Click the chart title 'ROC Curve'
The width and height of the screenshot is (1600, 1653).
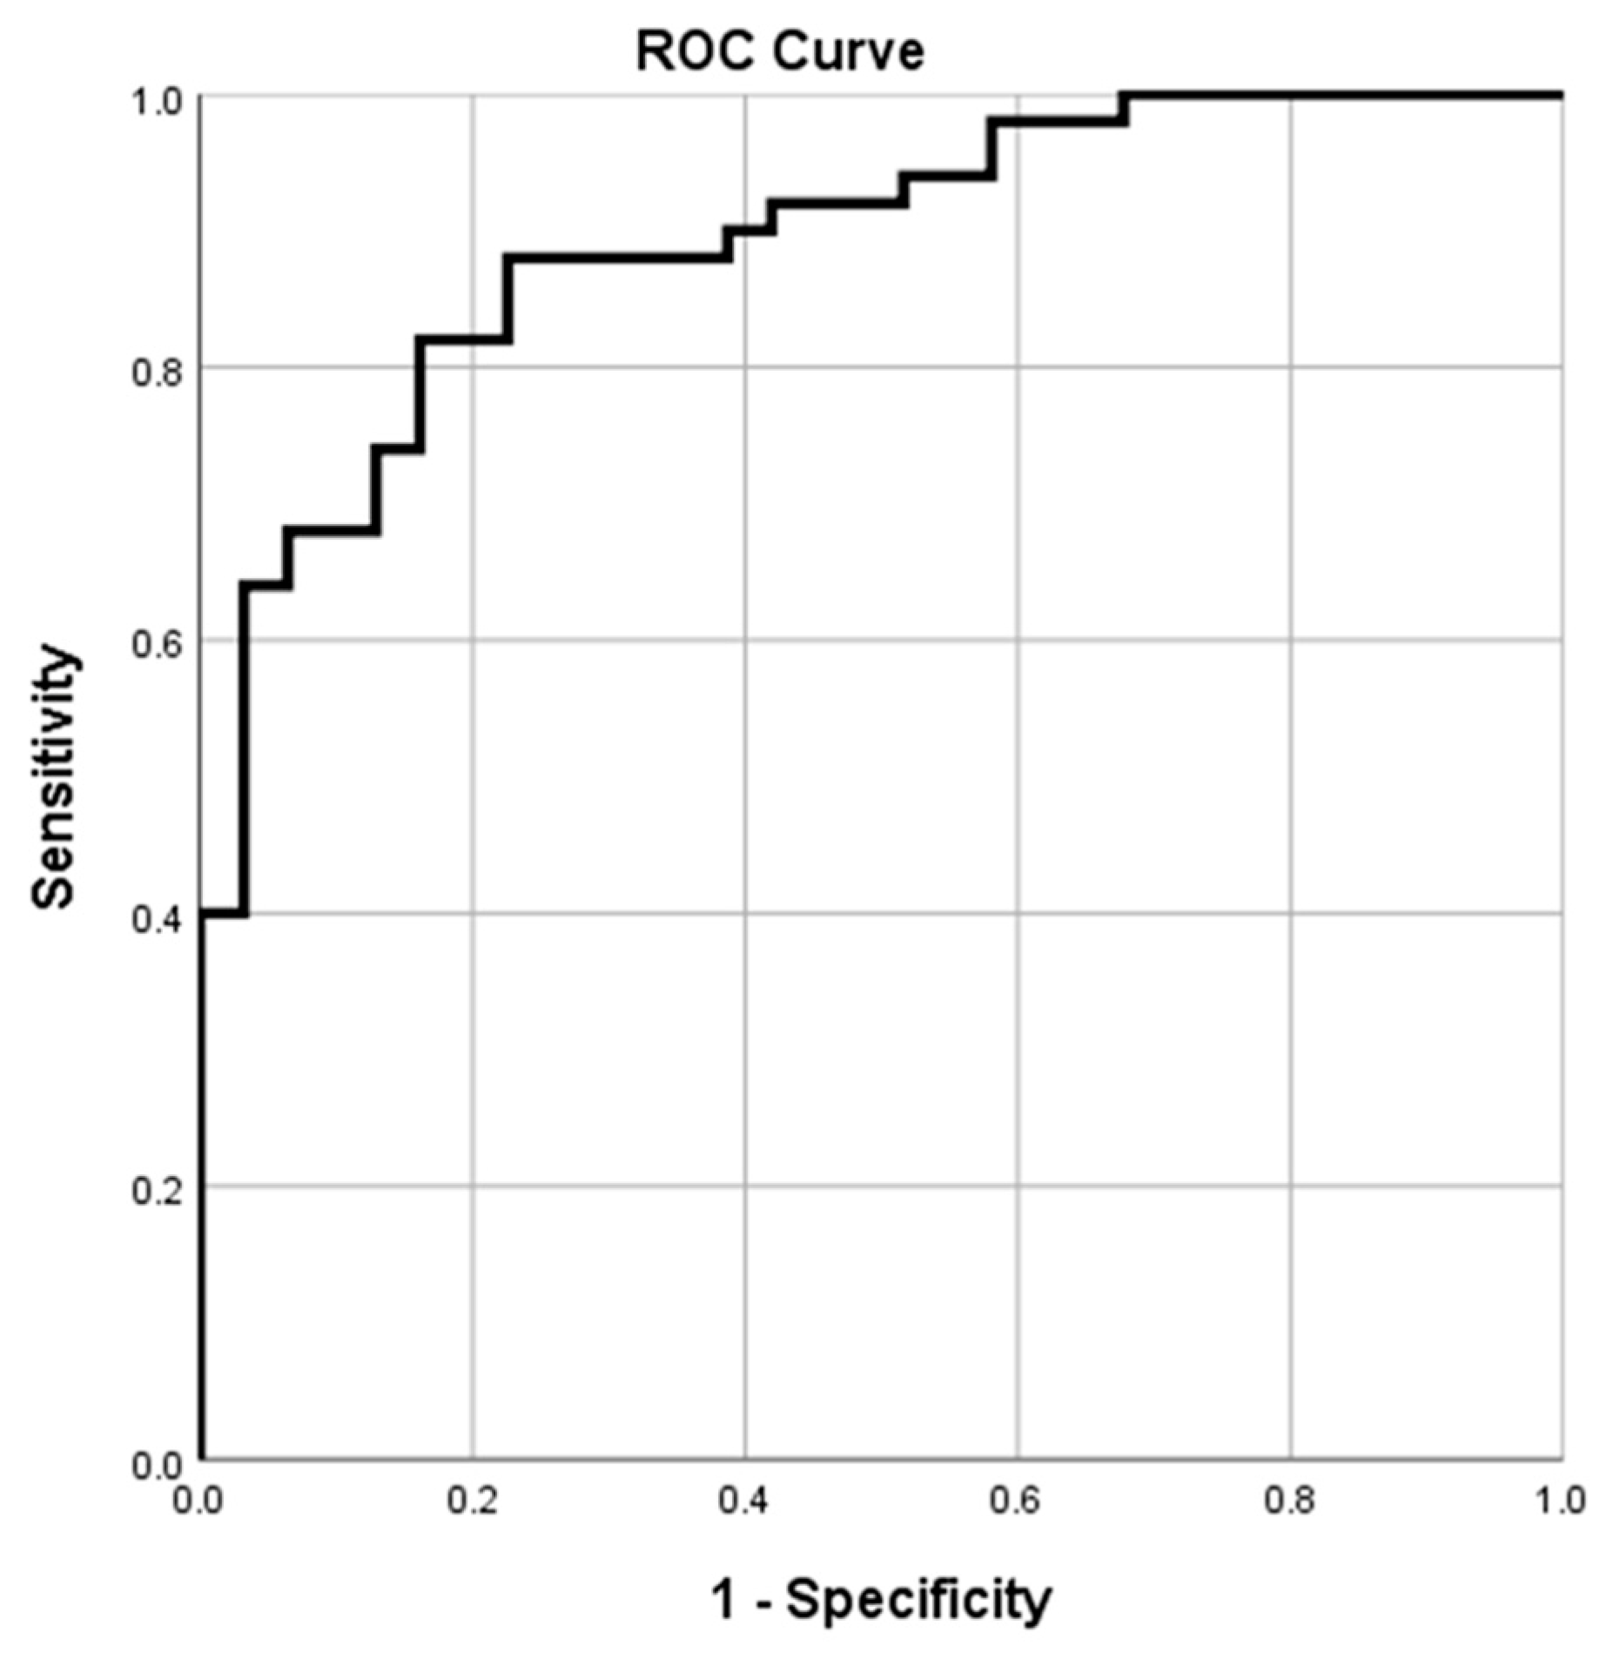pos(780,52)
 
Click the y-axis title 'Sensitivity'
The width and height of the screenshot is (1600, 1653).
pos(54,777)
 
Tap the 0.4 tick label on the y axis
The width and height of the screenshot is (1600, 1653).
pos(157,918)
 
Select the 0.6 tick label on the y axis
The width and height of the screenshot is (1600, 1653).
pos(157,646)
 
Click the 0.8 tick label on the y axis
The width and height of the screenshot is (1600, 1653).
pos(157,373)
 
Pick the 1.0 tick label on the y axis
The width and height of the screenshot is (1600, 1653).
pos(157,101)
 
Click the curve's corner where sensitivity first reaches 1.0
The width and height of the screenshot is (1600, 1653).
pos(1124,95)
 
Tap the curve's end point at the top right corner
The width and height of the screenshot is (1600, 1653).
pos(1561,95)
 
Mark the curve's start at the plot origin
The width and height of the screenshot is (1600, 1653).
pos(201,1458)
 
